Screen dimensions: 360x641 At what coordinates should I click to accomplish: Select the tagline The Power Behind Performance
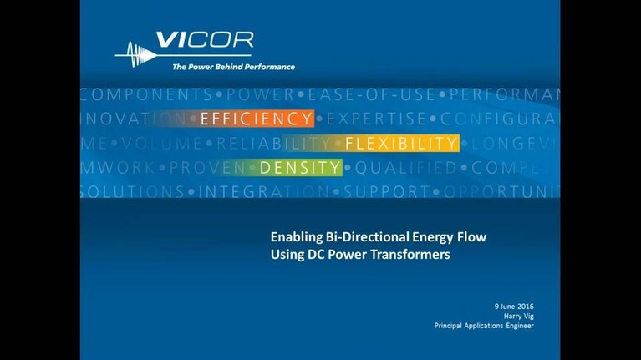click(x=233, y=67)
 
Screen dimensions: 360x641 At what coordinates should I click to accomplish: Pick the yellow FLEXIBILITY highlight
click(x=401, y=144)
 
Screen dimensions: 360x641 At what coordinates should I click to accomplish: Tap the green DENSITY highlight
click(x=300, y=168)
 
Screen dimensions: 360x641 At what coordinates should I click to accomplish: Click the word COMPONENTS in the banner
click(x=145, y=94)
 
